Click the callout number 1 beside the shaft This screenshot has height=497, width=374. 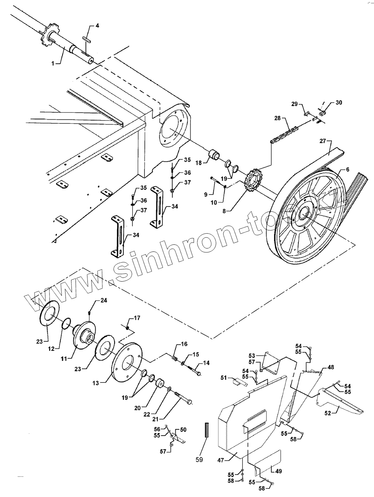(x=53, y=64)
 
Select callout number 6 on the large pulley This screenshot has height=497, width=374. (x=347, y=170)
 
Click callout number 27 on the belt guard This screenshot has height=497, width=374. (x=323, y=141)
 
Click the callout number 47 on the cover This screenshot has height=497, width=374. (x=221, y=461)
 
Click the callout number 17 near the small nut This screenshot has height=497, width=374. (x=137, y=318)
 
